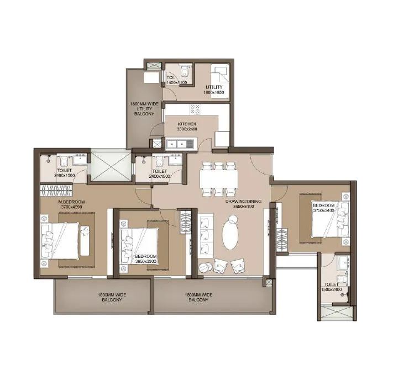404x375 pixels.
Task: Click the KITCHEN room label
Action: (x=187, y=124)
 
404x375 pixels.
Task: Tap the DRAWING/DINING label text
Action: (x=243, y=202)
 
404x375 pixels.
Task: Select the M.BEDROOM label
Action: (x=72, y=203)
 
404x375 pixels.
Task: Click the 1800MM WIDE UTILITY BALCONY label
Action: (x=143, y=108)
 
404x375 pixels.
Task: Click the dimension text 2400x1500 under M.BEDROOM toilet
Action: (x=65, y=176)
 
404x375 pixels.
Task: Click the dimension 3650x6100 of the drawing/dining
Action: (x=243, y=208)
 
